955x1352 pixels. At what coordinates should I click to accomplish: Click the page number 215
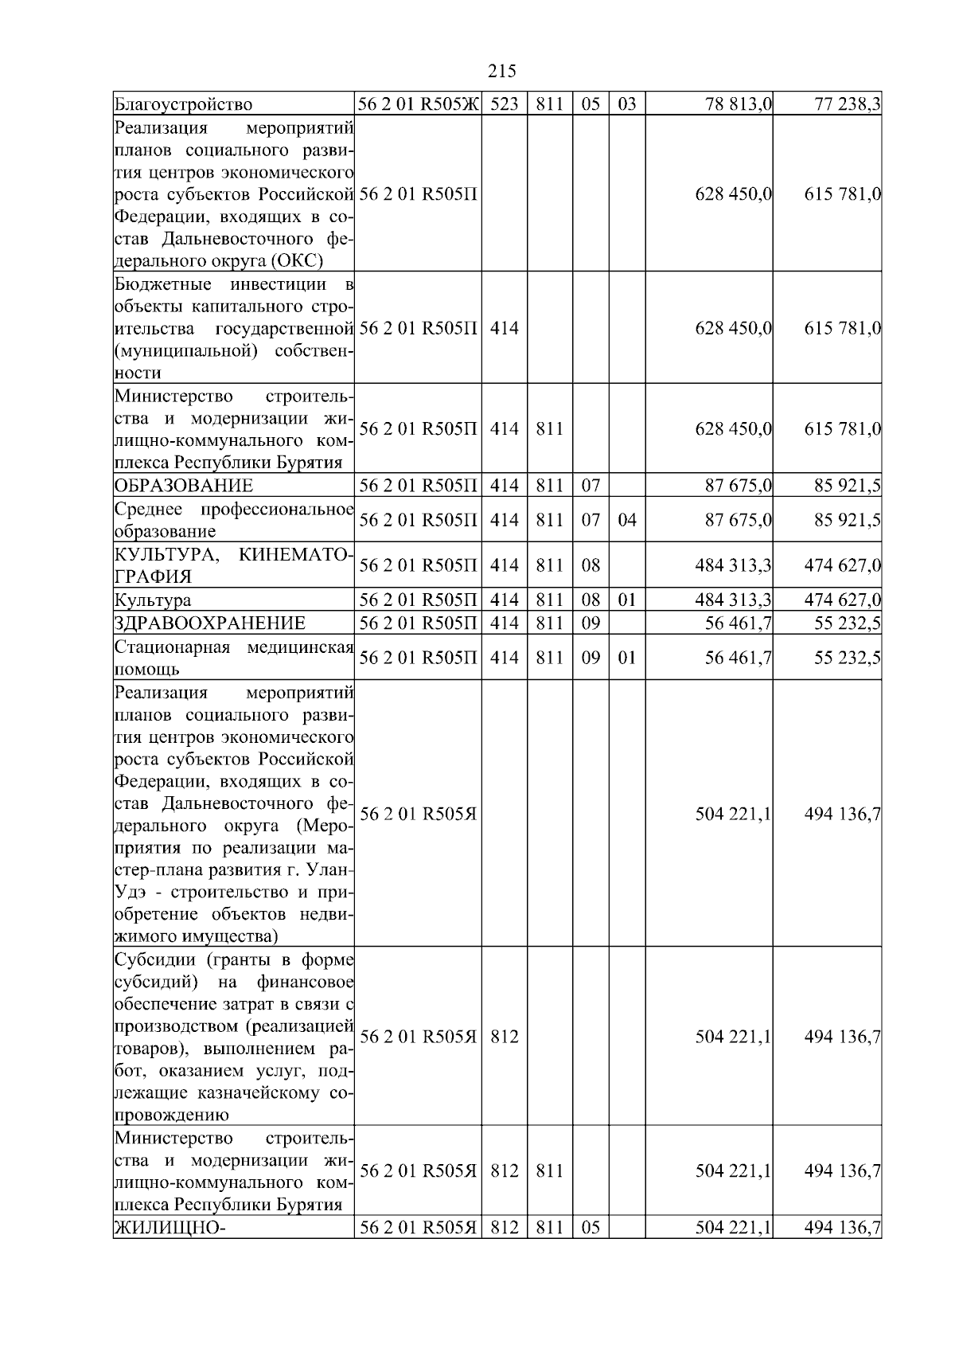click(501, 72)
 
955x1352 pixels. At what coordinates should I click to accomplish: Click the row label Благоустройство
click(184, 104)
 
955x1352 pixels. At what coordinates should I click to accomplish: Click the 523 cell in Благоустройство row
click(504, 104)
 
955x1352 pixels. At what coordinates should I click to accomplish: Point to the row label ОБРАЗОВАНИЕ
click(184, 486)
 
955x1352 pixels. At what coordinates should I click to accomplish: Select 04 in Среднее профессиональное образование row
click(627, 520)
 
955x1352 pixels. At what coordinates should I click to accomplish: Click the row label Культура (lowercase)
click(153, 600)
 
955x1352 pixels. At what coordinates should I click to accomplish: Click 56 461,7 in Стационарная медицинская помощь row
click(739, 658)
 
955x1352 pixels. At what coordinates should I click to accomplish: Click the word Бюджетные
click(163, 285)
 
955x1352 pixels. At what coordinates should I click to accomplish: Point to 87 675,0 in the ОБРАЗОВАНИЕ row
click(739, 486)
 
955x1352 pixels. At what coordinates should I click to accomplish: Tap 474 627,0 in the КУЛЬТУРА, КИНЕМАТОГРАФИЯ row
click(842, 566)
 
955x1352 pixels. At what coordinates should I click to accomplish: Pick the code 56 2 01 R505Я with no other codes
click(419, 814)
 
